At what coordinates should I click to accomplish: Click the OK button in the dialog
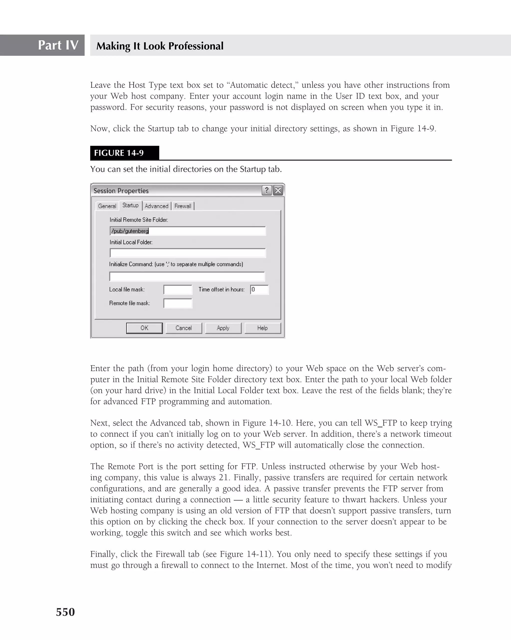144,328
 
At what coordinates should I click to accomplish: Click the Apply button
223,328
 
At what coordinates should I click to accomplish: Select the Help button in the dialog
262,328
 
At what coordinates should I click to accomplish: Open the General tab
107,206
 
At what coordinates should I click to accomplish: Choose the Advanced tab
156,206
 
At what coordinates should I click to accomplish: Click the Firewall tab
183,206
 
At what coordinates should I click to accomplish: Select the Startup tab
130,206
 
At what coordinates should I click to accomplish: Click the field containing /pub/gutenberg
188,231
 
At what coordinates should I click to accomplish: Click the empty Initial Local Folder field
188,253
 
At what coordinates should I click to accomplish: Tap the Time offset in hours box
259,290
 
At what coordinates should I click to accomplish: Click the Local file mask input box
178,290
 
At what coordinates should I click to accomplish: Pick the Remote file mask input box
178,303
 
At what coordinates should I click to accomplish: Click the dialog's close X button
278,190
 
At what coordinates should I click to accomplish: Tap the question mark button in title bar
267,190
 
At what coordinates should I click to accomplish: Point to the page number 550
65,612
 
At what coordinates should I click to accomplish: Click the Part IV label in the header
58,45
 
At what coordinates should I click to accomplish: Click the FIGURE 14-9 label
119,153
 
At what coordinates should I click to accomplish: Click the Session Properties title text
121,191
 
